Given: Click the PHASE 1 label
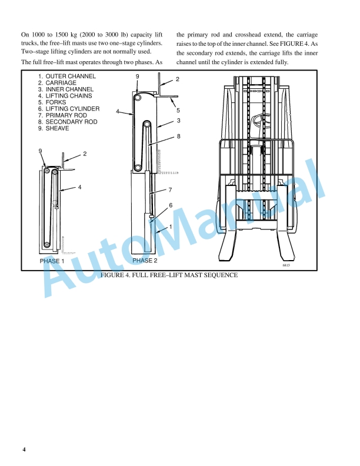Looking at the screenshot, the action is pos(52,261).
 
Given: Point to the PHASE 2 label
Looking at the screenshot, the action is pos(145,260).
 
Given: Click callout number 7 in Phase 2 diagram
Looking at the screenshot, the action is pos(170,190).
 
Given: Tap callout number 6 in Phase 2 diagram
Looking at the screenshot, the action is pos(171,205).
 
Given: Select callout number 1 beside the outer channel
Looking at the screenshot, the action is pos(171,227).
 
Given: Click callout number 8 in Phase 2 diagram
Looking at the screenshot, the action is pos(178,137).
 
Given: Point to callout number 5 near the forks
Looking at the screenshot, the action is pos(178,111).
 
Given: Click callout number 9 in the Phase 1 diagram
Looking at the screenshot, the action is pos(41,151).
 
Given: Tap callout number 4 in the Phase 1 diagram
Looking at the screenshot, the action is pos(79,187).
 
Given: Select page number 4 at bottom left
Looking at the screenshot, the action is pos(24,450).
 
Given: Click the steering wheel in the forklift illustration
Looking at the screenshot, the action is pos(262,122).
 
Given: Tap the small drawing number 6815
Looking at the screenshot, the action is pos(286,265).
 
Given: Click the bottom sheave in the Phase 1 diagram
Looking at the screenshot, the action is pos(46,245).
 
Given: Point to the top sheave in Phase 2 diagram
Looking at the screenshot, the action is pos(138,97).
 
